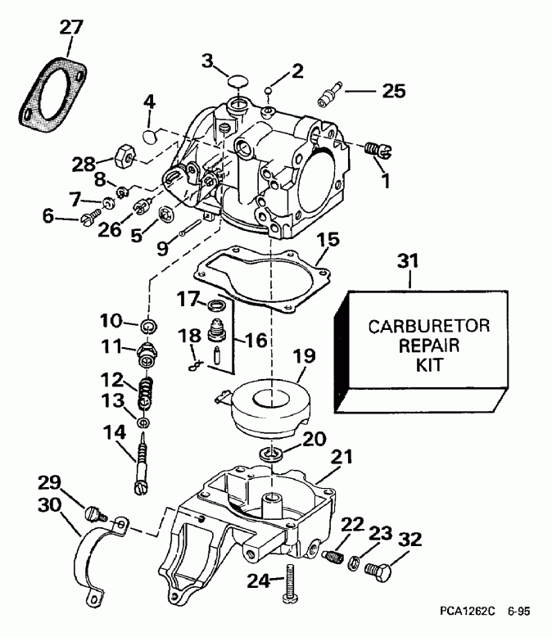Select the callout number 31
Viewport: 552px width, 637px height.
coord(408,263)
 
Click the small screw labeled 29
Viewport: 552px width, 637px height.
coord(93,514)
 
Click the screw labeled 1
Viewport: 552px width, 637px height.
coord(377,149)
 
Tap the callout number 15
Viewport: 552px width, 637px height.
coord(328,243)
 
